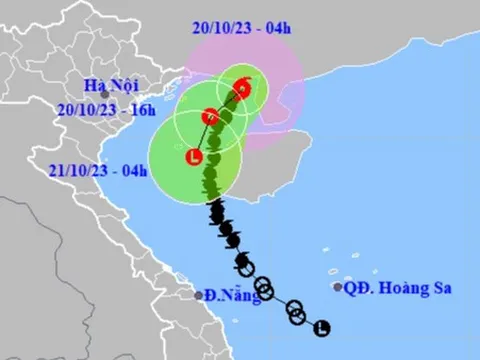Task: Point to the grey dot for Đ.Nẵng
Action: (198, 295)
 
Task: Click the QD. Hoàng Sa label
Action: (398, 288)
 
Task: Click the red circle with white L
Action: (193, 156)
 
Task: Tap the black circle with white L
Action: (321, 327)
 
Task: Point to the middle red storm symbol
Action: (210, 116)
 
